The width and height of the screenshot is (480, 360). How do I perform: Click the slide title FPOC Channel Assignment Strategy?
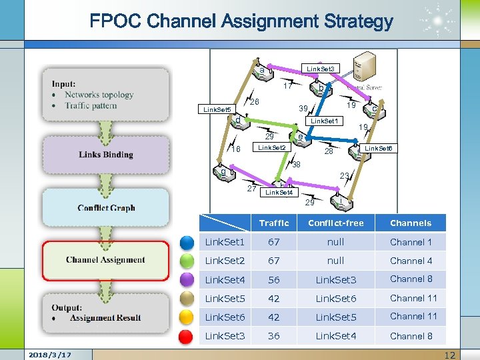tap(241, 21)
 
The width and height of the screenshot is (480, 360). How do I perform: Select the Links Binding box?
tap(105, 154)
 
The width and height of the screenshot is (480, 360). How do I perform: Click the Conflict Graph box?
tap(105, 207)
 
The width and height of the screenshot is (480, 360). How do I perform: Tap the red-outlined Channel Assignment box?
tap(105, 260)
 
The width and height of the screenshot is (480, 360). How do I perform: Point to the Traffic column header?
tap(274, 223)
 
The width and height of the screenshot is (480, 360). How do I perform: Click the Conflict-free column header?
tap(335, 223)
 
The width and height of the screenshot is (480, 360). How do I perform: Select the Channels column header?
tap(411, 223)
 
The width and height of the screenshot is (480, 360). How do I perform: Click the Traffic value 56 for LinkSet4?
tap(274, 280)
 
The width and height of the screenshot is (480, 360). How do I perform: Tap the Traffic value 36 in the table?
tap(274, 336)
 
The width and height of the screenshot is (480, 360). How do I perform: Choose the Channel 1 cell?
tap(411, 242)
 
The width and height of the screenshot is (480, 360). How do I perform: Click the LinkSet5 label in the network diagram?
tap(217, 109)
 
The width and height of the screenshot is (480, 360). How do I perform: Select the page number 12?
tap(450, 355)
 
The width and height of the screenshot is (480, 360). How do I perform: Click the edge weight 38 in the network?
tap(296, 164)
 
